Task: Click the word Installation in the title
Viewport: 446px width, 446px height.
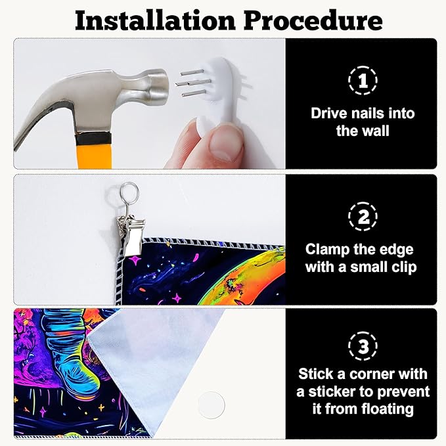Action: (x=155, y=20)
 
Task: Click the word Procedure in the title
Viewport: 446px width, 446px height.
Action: (x=313, y=20)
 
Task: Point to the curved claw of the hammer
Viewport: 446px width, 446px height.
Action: (x=43, y=120)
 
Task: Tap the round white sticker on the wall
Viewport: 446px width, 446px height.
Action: (x=211, y=405)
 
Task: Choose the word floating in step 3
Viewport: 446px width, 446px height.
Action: (x=388, y=410)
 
